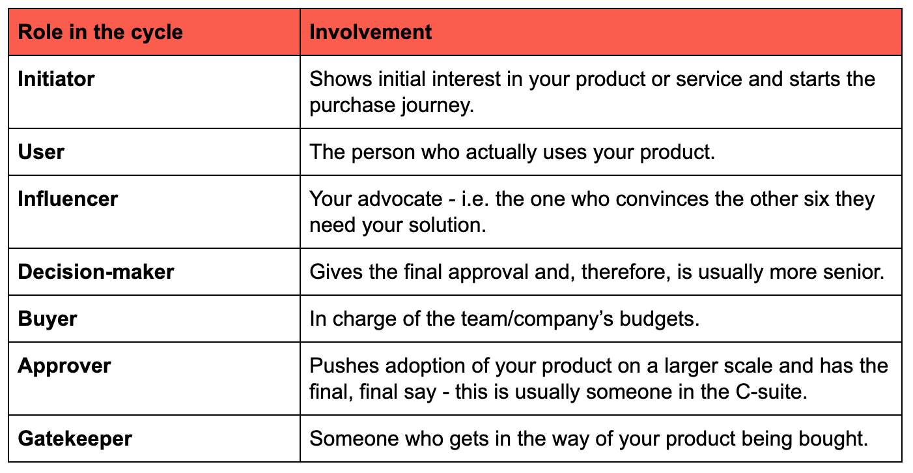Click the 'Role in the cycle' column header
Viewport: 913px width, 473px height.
100,32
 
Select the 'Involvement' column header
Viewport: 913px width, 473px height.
370,32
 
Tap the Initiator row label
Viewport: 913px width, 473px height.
56,79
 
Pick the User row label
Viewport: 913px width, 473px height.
41,152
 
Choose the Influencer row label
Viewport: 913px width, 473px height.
68,199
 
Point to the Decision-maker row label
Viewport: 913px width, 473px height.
96,272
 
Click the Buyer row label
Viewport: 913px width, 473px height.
48,319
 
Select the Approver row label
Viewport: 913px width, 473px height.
64,365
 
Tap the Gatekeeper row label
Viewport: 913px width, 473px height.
75,438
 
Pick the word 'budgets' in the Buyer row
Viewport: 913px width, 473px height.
659,319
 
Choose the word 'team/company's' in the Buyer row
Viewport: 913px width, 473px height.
537,319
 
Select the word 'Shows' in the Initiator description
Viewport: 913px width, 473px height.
341,79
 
